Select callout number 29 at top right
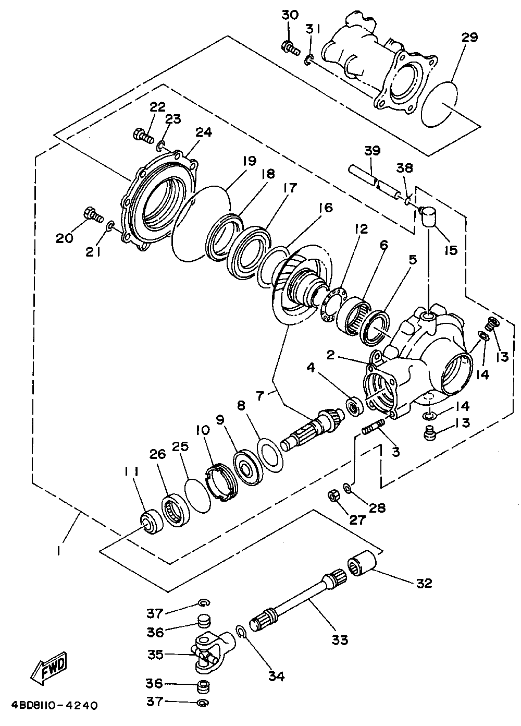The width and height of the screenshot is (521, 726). (469, 38)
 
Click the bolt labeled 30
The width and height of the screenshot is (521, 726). (290, 48)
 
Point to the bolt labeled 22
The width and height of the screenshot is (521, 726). (143, 136)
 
